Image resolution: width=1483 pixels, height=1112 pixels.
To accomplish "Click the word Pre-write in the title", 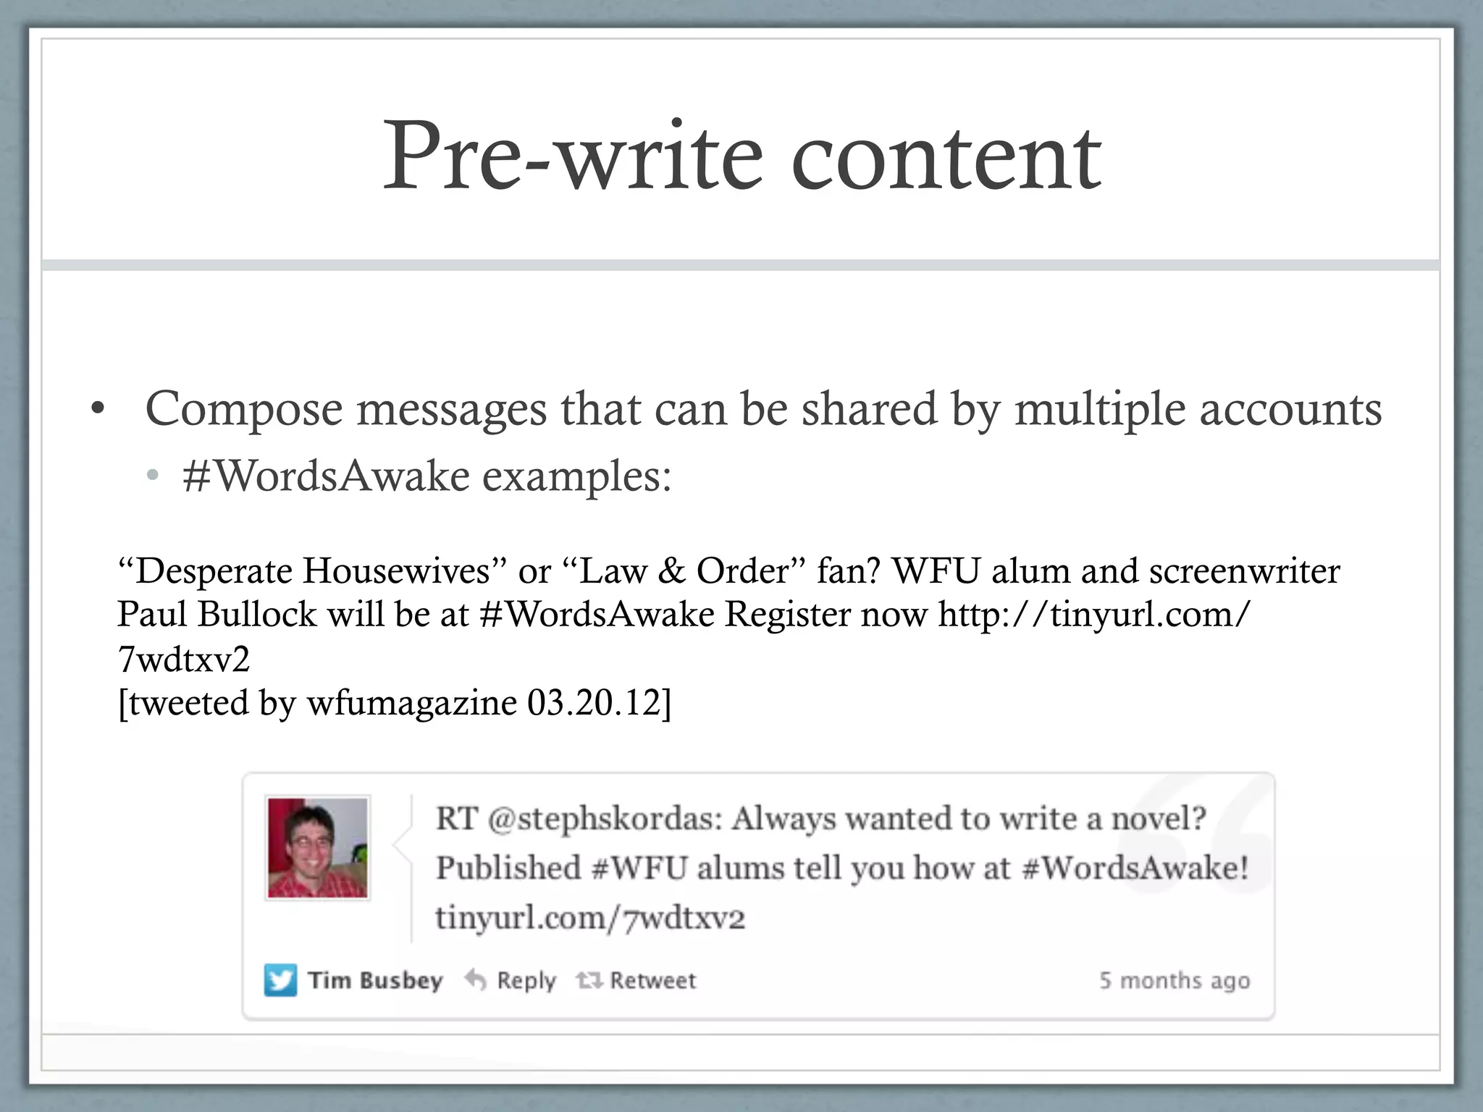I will click(572, 156).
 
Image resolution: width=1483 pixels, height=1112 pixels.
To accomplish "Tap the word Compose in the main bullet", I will click(244, 410).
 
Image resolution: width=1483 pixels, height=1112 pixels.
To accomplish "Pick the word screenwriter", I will click(1244, 571).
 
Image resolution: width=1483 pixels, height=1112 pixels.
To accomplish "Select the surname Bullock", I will click(257, 615).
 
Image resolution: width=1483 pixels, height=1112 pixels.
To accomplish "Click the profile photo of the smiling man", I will click(318, 848).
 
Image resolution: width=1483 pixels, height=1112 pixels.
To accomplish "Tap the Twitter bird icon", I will click(280, 981).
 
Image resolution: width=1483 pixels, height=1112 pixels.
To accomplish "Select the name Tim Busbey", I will click(374, 980).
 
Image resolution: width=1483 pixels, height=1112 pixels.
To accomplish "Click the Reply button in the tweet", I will click(511, 981).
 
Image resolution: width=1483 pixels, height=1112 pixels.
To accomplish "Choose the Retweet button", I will click(637, 981).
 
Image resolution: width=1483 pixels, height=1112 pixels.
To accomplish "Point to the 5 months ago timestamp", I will click(1174, 981).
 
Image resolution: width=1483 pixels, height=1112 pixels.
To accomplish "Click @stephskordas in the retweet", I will click(605, 820).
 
